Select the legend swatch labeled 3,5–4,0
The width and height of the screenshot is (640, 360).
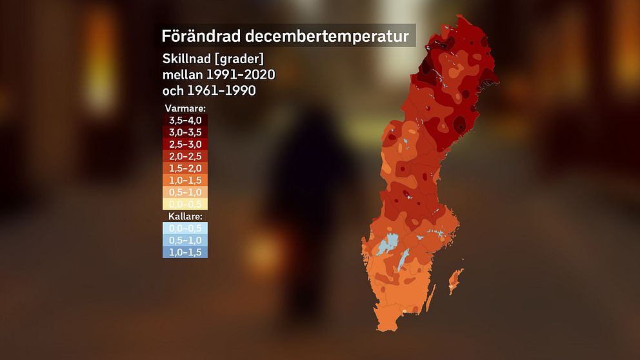[185, 121]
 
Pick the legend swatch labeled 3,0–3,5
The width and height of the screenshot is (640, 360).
[185, 132]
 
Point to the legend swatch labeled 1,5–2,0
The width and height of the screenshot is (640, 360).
[185, 168]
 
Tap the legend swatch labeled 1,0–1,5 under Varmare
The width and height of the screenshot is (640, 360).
[185, 181]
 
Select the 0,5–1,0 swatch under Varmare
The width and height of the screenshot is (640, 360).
[185, 192]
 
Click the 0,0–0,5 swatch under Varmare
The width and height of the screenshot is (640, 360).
[185, 205]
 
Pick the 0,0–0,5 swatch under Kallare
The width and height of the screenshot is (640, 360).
[185, 228]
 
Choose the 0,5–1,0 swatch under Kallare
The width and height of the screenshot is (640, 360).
[185, 240]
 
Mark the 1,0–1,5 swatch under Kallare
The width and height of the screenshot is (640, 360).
[185, 252]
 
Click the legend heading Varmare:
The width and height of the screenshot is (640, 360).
[185, 108]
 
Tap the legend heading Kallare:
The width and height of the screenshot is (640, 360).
[185, 217]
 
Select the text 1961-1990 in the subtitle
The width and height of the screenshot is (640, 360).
[221, 91]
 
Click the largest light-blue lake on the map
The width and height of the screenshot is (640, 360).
[388, 245]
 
